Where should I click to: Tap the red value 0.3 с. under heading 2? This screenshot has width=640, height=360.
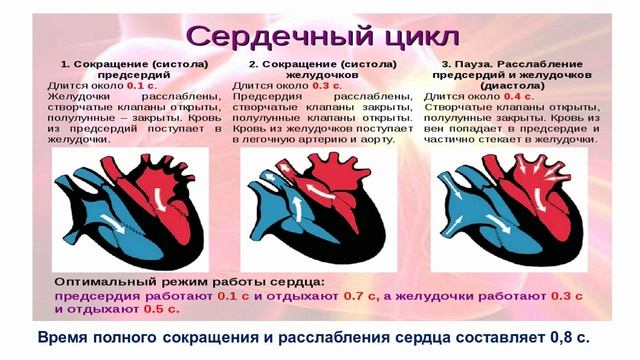pos(327,87)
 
